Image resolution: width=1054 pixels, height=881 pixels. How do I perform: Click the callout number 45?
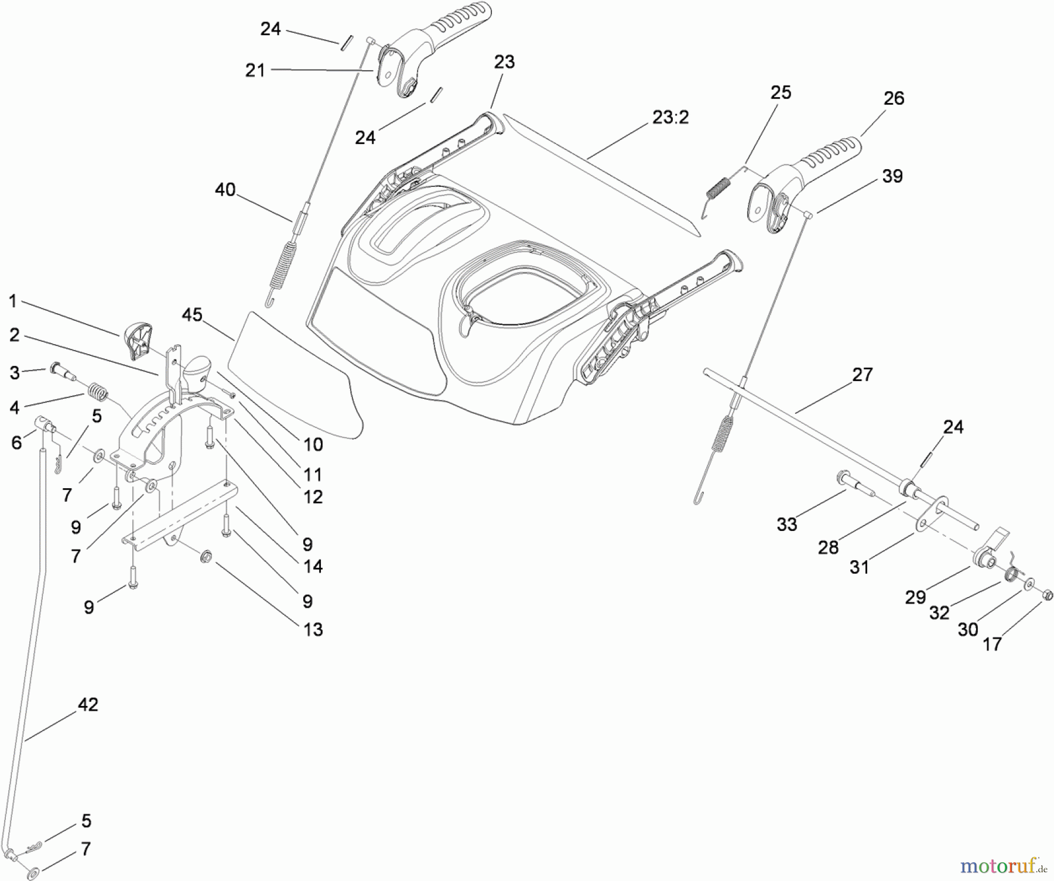tap(192, 315)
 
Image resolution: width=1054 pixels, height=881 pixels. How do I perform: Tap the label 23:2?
tap(670, 118)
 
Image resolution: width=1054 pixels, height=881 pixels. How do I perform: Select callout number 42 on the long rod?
tap(88, 705)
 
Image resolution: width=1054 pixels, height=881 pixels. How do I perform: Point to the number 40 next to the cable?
tap(225, 190)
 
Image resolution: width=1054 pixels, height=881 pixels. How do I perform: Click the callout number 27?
tap(862, 375)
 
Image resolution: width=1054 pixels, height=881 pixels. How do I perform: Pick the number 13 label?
tap(313, 630)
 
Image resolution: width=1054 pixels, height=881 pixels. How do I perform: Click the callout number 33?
tap(787, 525)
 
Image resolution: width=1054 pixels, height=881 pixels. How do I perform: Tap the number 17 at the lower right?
tap(992, 645)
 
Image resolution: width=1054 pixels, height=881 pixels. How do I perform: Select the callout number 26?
tap(894, 98)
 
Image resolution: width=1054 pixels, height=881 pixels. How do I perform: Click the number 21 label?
tap(255, 71)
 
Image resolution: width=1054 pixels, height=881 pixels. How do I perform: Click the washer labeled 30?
tap(1029, 584)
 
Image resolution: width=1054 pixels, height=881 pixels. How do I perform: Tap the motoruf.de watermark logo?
tap(1004, 864)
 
